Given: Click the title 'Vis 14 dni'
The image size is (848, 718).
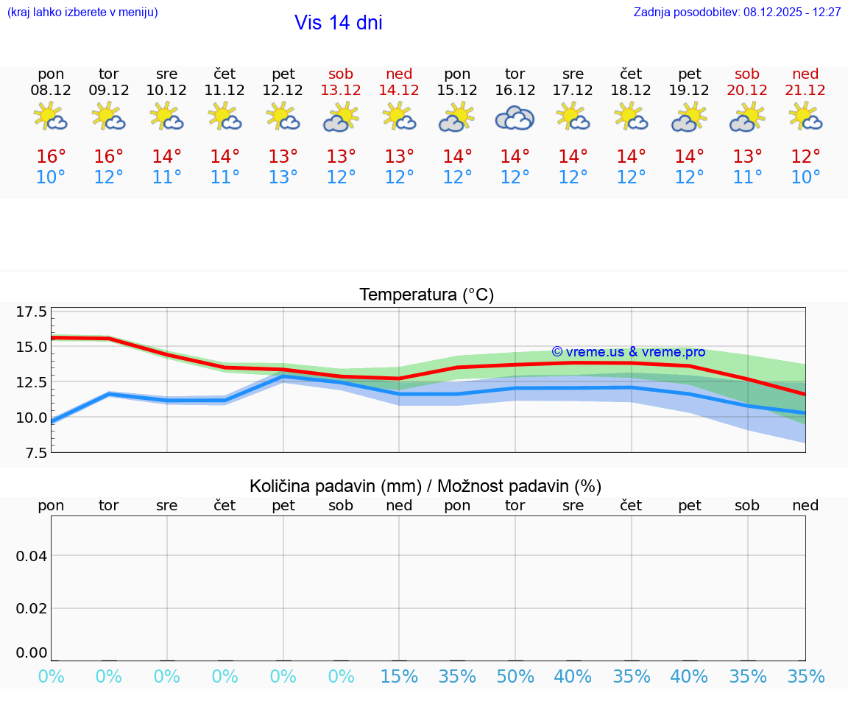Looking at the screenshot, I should point(338,23).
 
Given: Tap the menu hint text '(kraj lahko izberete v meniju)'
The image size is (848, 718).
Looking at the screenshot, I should point(82,13).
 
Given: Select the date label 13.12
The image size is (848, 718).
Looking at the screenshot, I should point(341,90).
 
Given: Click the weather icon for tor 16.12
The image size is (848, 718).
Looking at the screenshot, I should point(515,118).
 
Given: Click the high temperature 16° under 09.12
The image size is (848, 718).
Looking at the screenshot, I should point(109,157).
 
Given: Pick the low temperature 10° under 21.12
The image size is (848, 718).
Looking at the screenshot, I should point(805,177).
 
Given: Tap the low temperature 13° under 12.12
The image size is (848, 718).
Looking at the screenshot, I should point(283,177).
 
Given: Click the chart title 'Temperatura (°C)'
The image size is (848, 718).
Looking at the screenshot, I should point(426,295).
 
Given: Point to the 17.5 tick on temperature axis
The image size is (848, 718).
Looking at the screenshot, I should point(32,312).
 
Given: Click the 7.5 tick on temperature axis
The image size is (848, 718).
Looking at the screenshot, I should point(32,453).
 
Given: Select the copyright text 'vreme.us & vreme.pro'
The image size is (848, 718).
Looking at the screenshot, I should point(628,352).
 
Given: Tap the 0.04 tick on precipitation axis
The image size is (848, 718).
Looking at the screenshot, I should point(32,556).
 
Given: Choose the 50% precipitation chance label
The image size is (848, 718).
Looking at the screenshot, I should point(515,677).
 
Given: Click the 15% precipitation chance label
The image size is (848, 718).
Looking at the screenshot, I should point(399,677).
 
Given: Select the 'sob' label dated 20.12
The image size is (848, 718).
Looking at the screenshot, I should point(747,74).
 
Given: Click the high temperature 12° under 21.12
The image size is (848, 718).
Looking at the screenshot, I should point(805,157).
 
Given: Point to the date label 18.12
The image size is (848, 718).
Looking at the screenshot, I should point(631,90).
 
